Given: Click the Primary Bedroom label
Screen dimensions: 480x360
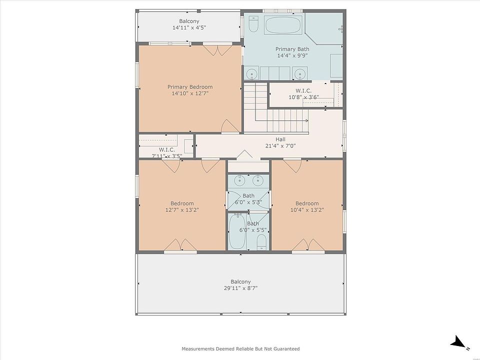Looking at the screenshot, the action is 190,87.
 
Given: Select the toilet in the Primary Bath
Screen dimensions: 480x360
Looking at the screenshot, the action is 253,24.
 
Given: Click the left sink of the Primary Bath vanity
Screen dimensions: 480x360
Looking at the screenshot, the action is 251,74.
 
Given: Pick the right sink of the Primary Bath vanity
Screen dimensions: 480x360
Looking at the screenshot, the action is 299,74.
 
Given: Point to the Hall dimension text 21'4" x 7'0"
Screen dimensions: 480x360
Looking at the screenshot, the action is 280,146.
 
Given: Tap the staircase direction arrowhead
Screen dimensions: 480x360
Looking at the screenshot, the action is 306,120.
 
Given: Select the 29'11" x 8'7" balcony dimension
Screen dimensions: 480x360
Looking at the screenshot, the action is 240,288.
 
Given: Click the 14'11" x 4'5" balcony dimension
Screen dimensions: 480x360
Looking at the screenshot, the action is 189,27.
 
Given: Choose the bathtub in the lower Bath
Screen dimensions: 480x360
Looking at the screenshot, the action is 237,231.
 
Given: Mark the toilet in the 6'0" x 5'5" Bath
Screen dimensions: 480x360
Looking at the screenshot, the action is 261,242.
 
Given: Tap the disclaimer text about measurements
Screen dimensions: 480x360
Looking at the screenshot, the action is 240,348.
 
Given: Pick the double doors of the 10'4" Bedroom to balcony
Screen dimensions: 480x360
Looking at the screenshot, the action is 308,244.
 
